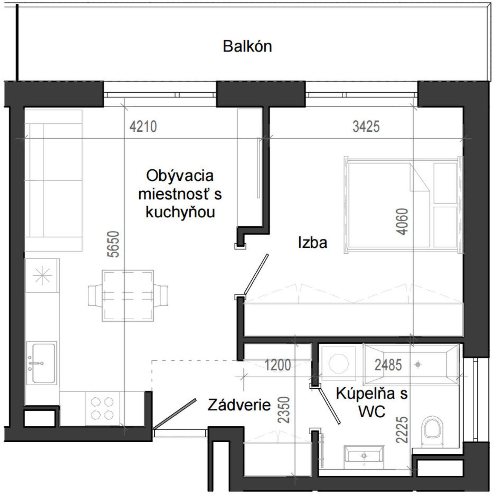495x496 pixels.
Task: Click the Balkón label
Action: tap(247, 47)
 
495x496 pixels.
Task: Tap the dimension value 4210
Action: tap(143, 127)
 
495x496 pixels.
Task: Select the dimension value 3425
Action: tap(366, 127)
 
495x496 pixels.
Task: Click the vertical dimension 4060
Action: tap(402, 222)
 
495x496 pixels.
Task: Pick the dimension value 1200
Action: tap(278, 365)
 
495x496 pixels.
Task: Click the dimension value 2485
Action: tap(388, 365)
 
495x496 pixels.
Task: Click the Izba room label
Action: tap(313, 243)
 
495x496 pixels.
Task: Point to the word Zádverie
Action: tap(239, 405)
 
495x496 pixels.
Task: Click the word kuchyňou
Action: tap(180, 213)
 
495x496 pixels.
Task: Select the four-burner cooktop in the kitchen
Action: tap(102, 409)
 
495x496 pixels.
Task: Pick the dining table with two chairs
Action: tap(128, 296)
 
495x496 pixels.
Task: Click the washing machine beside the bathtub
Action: tap(338, 363)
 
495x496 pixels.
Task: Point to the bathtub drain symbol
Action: tap(418, 365)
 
